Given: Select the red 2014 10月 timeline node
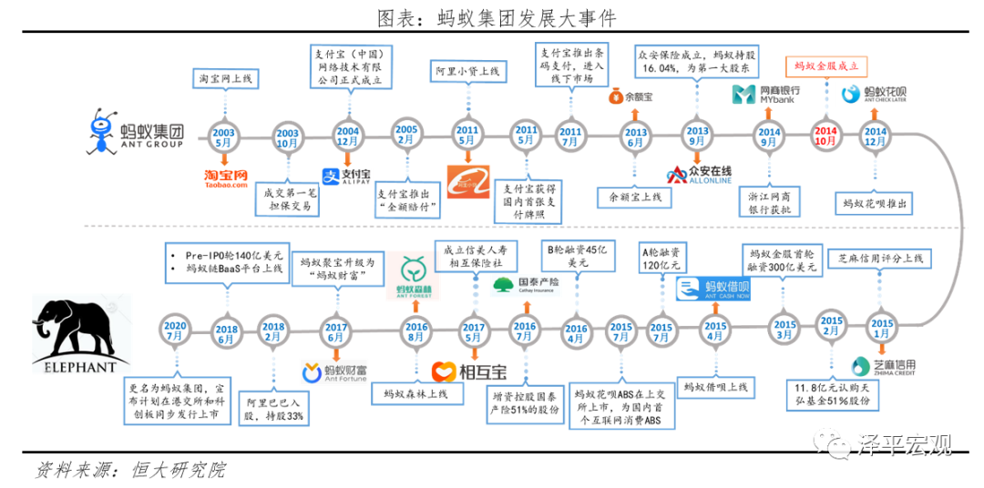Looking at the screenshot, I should [825, 137].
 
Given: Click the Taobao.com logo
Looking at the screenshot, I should [225, 178].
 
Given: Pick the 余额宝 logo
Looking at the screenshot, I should [635, 94].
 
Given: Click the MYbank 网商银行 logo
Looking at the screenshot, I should [766, 94].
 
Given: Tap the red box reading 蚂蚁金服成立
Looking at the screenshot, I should [826, 66].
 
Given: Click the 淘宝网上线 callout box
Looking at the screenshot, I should [225, 78].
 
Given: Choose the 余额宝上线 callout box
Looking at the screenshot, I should [634, 196].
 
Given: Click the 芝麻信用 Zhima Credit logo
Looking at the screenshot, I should [882, 367].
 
